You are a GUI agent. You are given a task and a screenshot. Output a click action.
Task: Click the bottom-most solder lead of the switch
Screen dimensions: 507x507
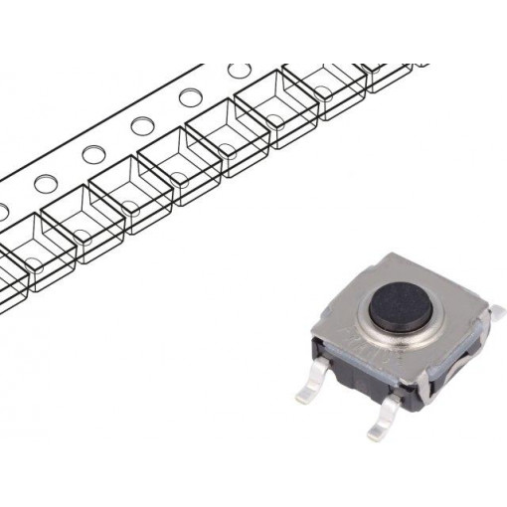383,427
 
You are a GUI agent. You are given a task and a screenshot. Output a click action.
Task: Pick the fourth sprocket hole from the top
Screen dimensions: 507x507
93,154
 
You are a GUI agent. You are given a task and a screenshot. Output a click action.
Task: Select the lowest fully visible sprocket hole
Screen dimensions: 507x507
45,183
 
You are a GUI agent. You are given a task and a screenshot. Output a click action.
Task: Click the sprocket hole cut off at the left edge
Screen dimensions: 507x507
3,210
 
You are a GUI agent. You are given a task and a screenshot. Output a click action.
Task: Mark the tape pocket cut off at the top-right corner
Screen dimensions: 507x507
393,75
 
